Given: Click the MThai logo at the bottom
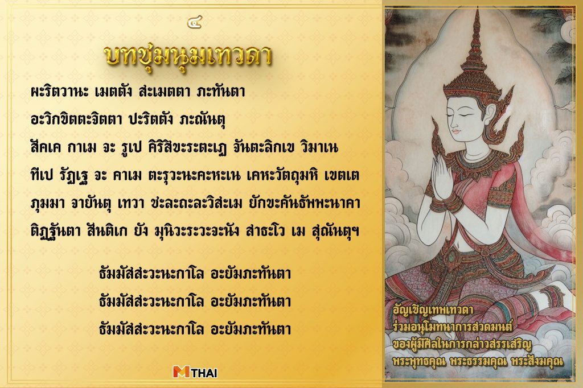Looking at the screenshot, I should coord(195,372).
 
